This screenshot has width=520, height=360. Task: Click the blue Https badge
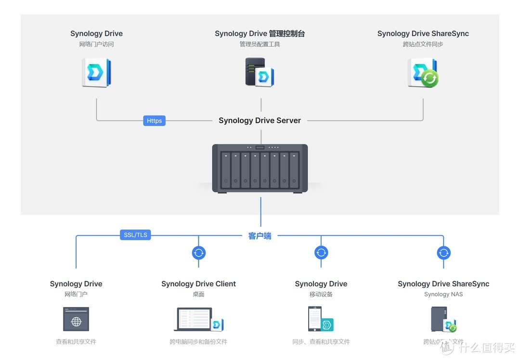pyautogui.click(x=154, y=121)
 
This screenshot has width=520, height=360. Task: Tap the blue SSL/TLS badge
pyautogui.click(x=135, y=235)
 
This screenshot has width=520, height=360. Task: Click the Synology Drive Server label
pyautogui.click(x=260, y=121)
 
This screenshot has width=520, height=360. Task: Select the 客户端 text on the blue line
pyautogui.click(x=260, y=236)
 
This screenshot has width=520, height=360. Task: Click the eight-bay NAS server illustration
pyautogui.click(x=260, y=168)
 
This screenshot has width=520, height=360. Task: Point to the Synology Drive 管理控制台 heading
pyautogui.click(x=260, y=34)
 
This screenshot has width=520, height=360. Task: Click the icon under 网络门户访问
pyautogui.click(x=96, y=73)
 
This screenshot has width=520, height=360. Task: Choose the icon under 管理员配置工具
pyautogui.click(x=260, y=72)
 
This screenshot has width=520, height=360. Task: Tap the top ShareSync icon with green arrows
pyautogui.click(x=423, y=73)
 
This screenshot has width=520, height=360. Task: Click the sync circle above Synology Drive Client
pyautogui.click(x=199, y=253)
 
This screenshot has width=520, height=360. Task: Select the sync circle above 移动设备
pyautogui.click(x=321, y=253)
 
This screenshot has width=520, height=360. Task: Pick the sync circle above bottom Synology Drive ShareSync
pyautogui.click(x=443, y=253)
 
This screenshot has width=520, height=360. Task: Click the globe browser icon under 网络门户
pyautogui.click(x=76, y=319)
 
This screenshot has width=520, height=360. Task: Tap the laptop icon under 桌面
pyautogui.click(x=198, y=319)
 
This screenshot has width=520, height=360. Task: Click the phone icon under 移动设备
pyautogui.click(x=321, y=319)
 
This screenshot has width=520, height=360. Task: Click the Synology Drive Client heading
pyautogui.click(x=198, y=284)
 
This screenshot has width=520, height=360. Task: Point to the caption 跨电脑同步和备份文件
pyautogui.click(x=198, y=342)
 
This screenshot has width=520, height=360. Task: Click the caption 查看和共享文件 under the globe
pyautogui.click(x=76, y=342)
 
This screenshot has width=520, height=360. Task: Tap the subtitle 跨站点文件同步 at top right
pyautogui.click(x=423, y=44)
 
